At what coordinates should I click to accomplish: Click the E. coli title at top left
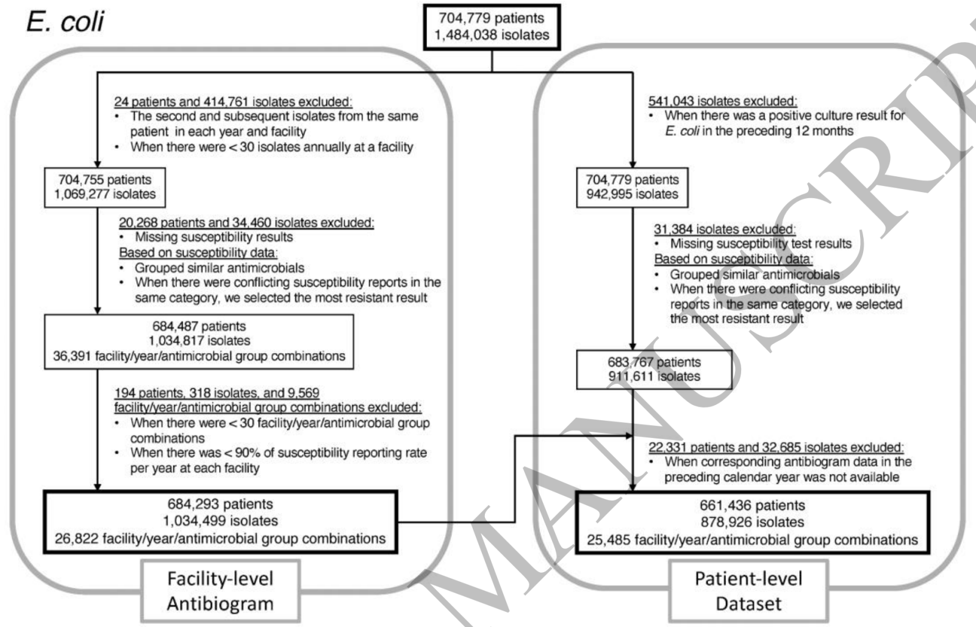pyautogui.click(x=65, y=22)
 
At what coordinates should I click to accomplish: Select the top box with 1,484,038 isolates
pyautogui.click(x=492, y=27)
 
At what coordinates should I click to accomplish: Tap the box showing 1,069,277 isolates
pyautogui.click(x=105, y=187)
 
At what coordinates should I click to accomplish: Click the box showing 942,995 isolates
pyautogui.click(x=632, y=187)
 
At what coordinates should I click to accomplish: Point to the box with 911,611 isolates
pyautogui.click(x=654, y=370)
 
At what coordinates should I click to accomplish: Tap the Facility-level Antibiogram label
pyautogui.click(x=220, y=591)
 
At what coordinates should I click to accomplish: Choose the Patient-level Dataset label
pyautogui.click(x=748, y=591)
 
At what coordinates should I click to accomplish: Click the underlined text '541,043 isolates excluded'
pyautogui.click(x=722, y=101)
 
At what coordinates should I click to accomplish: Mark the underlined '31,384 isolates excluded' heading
pyautogui.click(x=725, y=229)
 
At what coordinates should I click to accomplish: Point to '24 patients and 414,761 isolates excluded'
pyautogui.click(x=233, y=102)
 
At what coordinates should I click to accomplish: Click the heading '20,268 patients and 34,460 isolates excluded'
pyautogui.click(x=246, y=223)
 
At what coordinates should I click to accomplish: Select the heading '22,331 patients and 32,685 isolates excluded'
pyautogui.click(x=776, y=447)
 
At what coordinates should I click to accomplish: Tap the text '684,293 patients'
pyautogui.click(x=220, y=504)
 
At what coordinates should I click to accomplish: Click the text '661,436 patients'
pyautogui.click(x=752, y=506)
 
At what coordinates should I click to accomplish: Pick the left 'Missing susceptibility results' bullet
pyautogui.click(x=213, y=237)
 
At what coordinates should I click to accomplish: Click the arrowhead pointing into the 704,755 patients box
pyautogui.click(x=98, y=163)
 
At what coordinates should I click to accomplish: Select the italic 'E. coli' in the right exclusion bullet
pyautogui.click(x=681, y=131)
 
